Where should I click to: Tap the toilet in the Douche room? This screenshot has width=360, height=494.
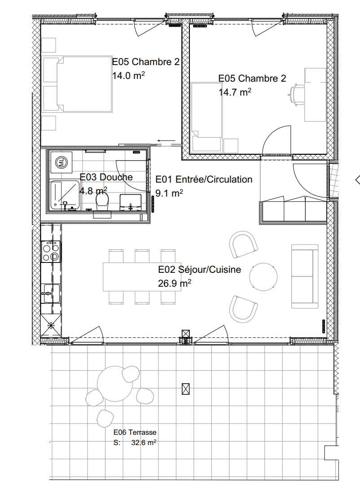click(x=103, y=203)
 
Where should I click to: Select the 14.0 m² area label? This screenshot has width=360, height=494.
click(x=128, y=75)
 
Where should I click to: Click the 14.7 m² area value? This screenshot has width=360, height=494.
click(x=234, y=92)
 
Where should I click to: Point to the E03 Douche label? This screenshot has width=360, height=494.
click(x=106, y=177)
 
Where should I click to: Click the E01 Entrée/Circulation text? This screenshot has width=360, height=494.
click(x=204, y=179)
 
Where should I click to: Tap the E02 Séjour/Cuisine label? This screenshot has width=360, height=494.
click(x=200, y=270)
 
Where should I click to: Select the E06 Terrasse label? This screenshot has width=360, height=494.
click(x=135, y=433)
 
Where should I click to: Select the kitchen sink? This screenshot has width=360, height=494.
click(x=50, y=293)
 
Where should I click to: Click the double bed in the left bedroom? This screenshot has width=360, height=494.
click(x=77, y=84)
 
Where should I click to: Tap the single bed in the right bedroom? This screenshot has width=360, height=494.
click(x=206, y=117)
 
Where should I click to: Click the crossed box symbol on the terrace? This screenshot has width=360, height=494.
click(x=186, y=389)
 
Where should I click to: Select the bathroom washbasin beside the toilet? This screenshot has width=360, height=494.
click(x=131, y=202)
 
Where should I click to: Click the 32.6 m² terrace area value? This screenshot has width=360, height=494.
click(x=144, y=442)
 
